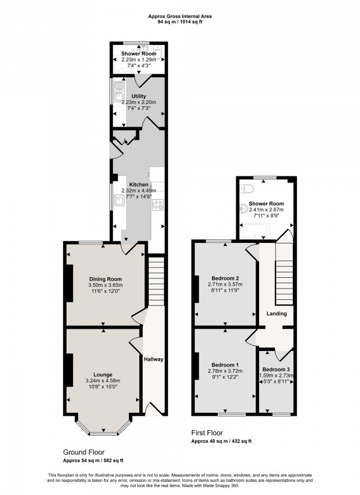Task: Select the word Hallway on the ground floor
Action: click(154, 359)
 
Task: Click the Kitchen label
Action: click(139, 184)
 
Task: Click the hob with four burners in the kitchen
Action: click(159, 205)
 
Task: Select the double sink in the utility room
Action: click(114, 94)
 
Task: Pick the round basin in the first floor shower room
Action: click(244, 209)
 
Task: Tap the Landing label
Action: click(277, 313)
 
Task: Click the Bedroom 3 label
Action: click(276, 369)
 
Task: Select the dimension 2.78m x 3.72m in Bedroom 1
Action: click(226, 373)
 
